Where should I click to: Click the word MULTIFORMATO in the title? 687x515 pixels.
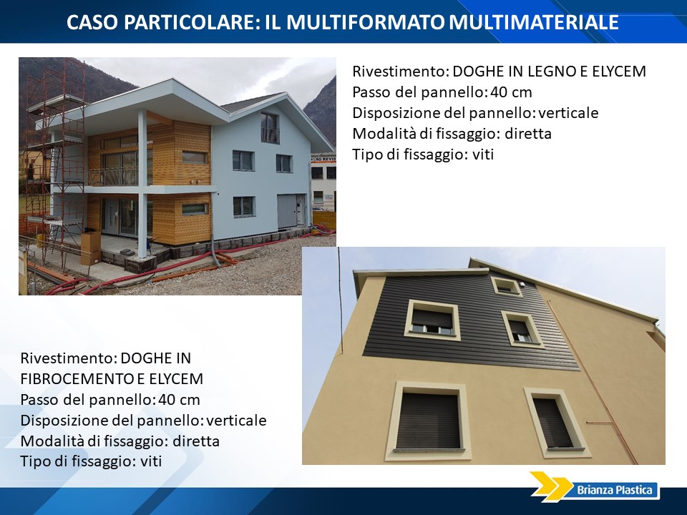tap(365, 22)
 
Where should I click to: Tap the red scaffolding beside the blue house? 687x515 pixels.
tap(56, 167)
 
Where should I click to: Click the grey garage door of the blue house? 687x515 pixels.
tap(287, 212)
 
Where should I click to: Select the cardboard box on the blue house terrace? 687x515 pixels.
tap(91, 248)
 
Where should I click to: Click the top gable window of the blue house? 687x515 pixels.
tap(270, 128)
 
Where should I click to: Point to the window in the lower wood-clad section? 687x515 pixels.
tap(195, 209)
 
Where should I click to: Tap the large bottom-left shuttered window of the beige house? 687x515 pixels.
tap(428, 421)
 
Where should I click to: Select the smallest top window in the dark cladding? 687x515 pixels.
tap(506, 286)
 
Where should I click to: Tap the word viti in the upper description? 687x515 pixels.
tap(483, 154)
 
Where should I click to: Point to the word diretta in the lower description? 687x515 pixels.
tap(196, 441)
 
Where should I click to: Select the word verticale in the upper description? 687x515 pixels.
tap(568, 112)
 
